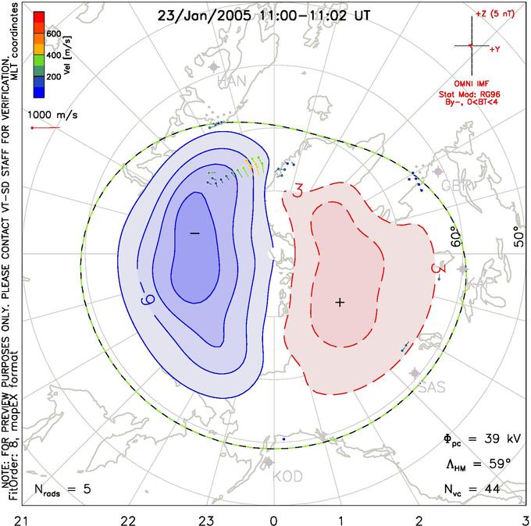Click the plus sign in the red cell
coord(340,302)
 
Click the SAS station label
coord(432,387)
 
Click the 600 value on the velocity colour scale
coord(54,34)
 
